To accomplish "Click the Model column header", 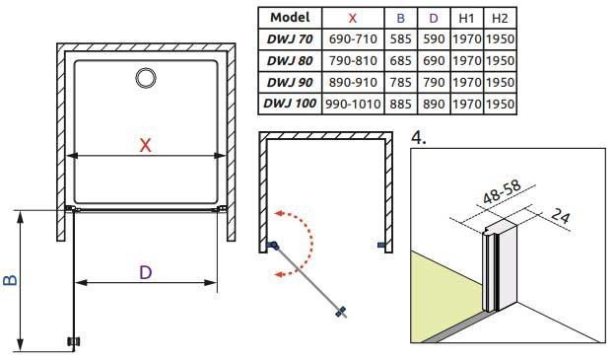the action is (290, 18).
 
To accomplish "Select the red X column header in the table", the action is (352, 18).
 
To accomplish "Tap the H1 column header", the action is (466, 18).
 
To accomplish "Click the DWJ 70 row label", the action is (290, 38).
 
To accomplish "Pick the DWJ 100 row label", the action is (290, 104).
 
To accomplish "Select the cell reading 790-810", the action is (353, 60).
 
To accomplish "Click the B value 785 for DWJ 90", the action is (400, 82).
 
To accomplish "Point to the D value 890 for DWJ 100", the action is (434, 104).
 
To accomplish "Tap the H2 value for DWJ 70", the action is (500, 38).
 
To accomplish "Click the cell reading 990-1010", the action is (353, 104).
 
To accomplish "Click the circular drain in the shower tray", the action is (146, 78).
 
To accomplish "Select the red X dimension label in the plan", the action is (145, 145).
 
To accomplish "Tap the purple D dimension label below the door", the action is (146, 272).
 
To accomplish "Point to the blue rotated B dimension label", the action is (11, 280).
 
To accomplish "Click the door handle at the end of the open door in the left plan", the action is (74, 341).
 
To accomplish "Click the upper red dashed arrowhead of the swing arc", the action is (279, 213).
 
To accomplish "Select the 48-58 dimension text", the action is (502, 192).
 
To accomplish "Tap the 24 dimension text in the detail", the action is (561, 216).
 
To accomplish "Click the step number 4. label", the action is (418, 138).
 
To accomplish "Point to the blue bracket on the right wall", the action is (381, 245).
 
